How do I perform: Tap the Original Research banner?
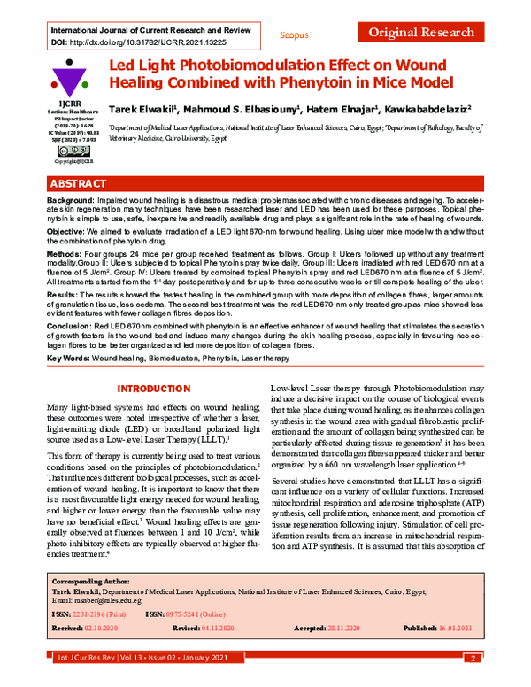(x=420, y=33)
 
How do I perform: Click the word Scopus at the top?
(x=294, y=35)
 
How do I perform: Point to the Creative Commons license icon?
(x=62, y=151)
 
